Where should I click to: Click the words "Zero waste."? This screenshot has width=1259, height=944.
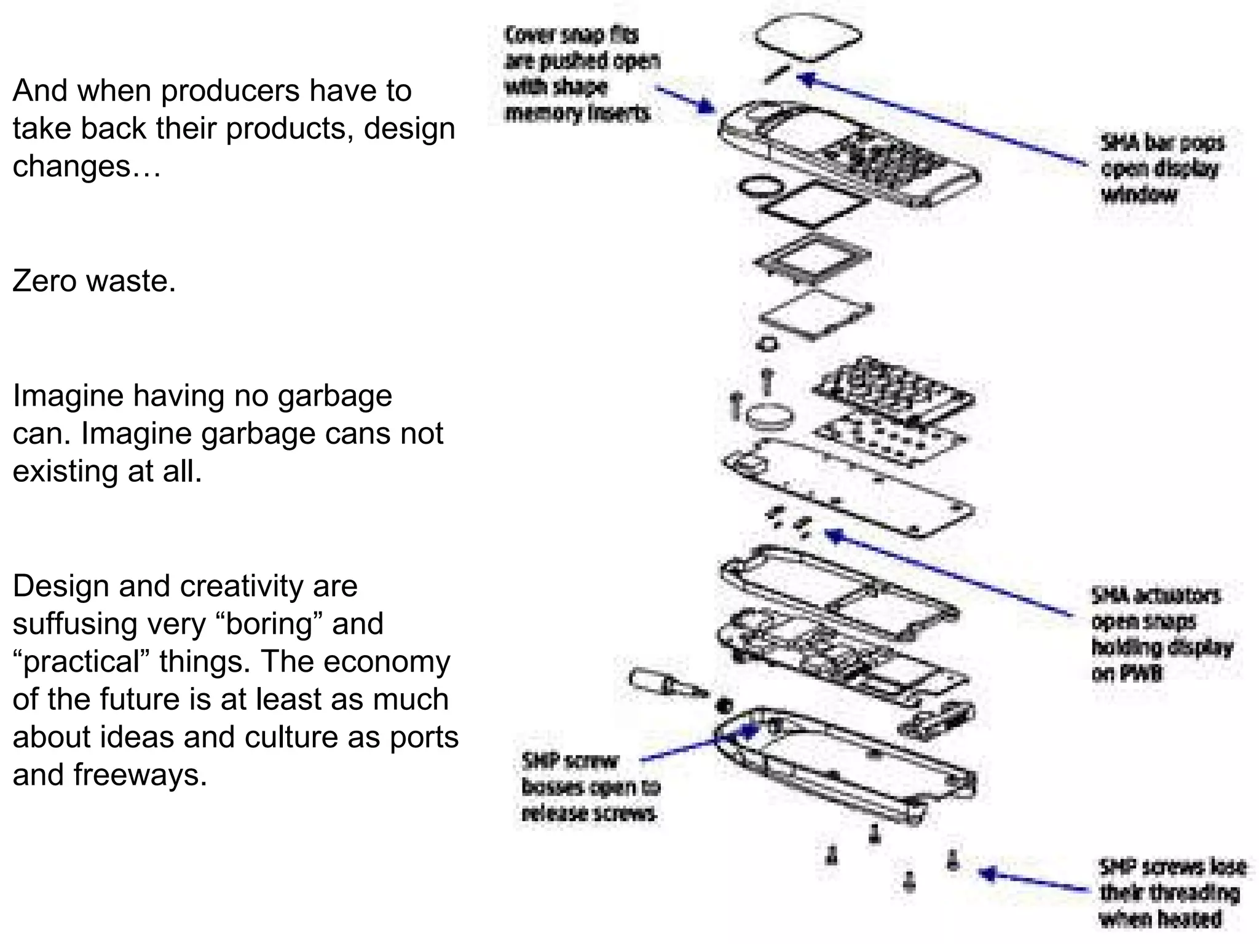point(94,281)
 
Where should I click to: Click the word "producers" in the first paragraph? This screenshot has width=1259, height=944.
point(231,91)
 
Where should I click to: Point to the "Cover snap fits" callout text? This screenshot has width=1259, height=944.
point(581,74)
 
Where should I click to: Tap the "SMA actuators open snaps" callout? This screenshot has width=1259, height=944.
point(1159,634)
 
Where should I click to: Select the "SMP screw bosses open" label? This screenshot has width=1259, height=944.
point(589,787)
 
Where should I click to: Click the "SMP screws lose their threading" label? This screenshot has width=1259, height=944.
point(1171,893)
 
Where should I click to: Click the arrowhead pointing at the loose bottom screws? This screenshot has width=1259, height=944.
point(986,873)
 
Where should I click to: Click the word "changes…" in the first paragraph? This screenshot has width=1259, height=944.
point(86,166)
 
